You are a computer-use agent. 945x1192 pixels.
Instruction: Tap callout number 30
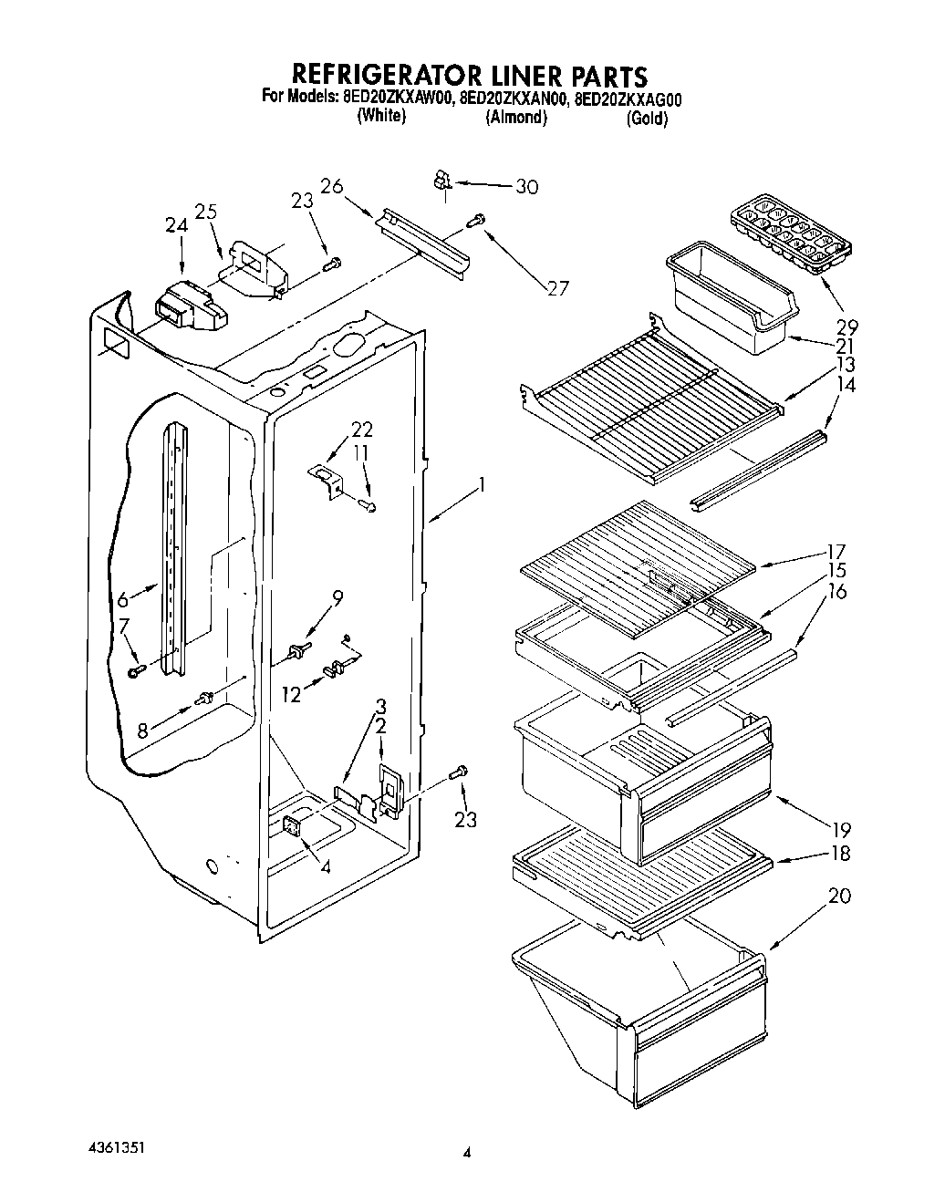coord(526,188)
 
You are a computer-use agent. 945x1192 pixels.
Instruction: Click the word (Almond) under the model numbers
coord(516,118)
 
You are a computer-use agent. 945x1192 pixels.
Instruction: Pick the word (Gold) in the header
coord(647,119)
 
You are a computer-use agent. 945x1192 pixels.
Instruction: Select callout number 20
coord(839,896)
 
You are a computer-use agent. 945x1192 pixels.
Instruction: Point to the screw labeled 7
coord(136,671)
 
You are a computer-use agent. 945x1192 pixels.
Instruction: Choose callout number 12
coord(291,695)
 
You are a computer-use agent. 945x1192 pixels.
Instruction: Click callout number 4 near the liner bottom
coord(326,865)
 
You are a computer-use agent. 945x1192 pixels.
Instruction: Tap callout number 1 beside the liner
coord(482,484)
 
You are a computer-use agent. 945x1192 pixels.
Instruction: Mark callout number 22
coord(362,430)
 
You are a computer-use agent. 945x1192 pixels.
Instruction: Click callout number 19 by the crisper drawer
coord(839,830)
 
